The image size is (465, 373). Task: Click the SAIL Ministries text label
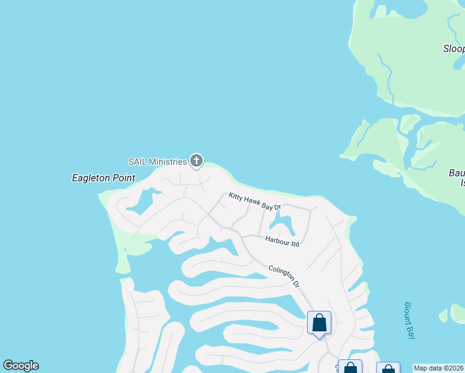157,162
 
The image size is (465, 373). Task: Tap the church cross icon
196,162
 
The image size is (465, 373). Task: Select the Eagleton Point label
103,178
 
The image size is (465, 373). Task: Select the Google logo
21,366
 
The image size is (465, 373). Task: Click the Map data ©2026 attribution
438,368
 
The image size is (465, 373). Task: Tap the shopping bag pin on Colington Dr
319,323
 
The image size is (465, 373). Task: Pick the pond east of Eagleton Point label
141,201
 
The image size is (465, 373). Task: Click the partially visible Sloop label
454,48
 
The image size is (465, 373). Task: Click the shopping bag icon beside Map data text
388,368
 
